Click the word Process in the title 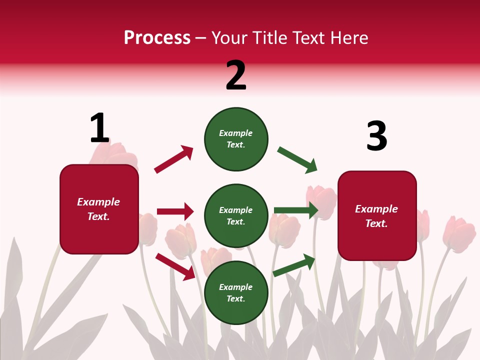coord(157,38)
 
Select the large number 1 coord(99,128)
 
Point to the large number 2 coord(236,75)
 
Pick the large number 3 coord(376,136)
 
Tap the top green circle coord(236,139)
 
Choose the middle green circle coord(236,216)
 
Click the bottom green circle coord(236,293)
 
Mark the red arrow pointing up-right coord(174,159)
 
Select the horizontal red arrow coord(175,211)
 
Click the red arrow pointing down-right coord(175,266)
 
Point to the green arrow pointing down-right coord(297,160)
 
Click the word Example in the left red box coord(98,202)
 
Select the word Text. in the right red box coord(376,223)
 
